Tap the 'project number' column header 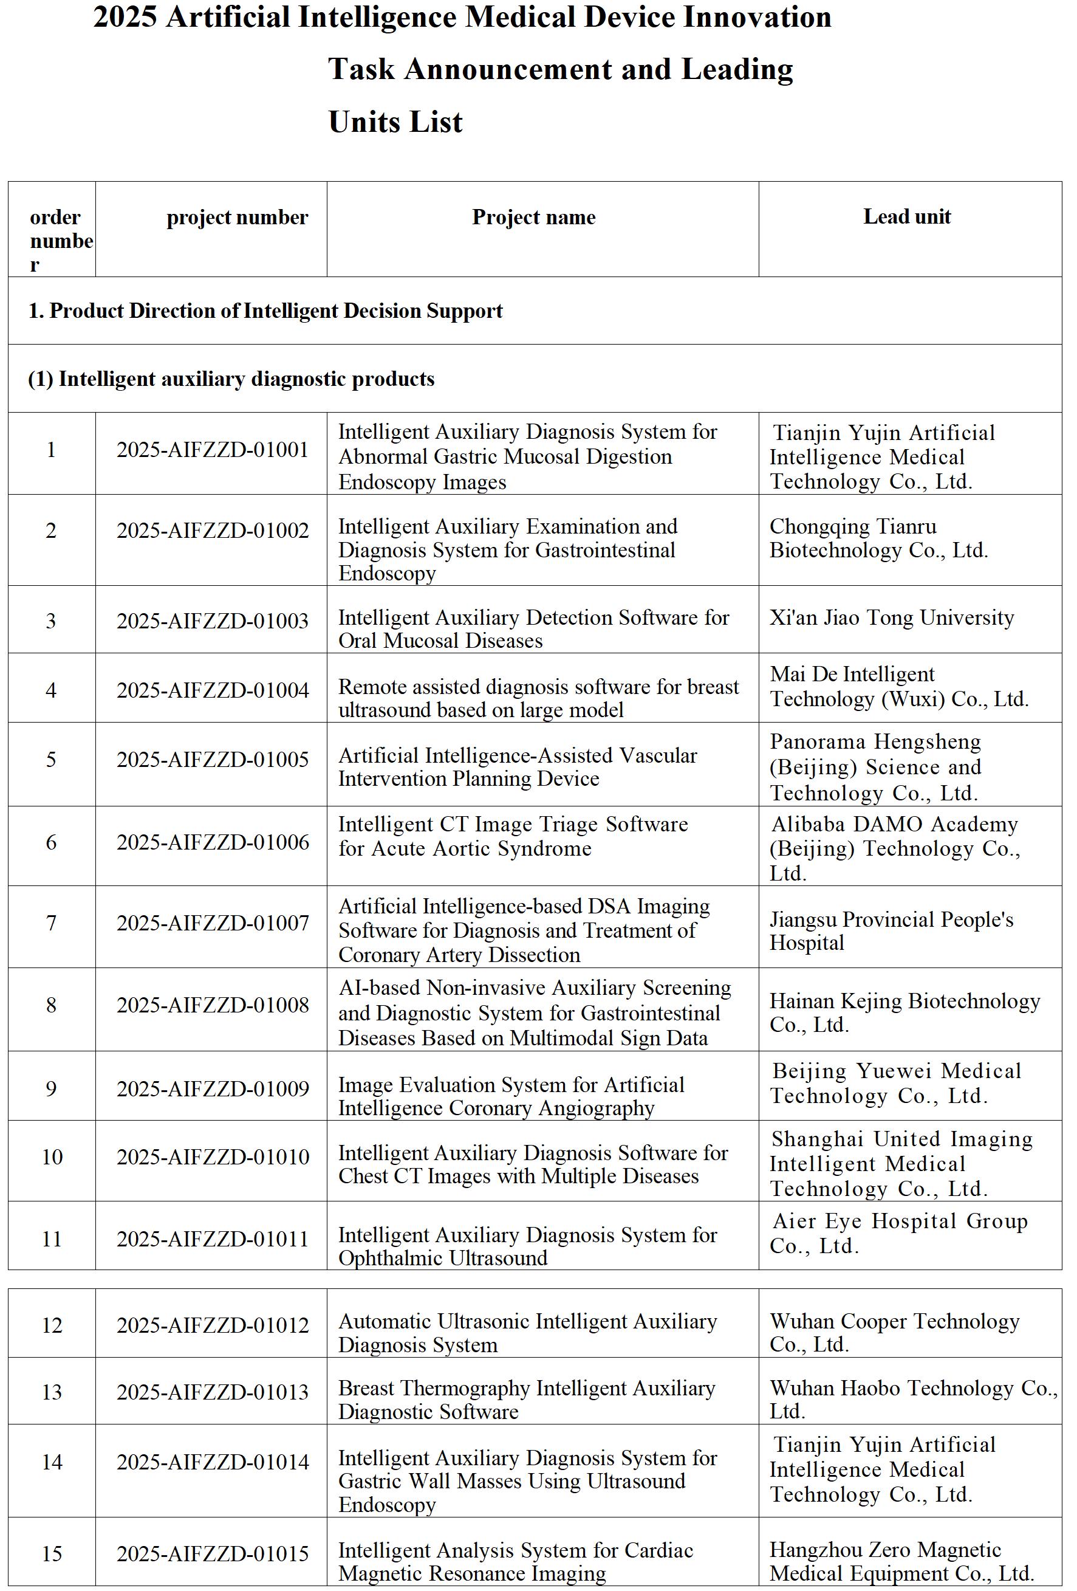coord(237,217)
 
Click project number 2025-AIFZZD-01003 coord(212,621)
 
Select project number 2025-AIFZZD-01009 coord(212,1088)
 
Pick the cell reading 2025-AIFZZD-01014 coord(212,1462)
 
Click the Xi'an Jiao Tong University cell coord(891,617)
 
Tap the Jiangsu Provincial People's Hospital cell coord(891,930)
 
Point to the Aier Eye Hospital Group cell coord(899,1233)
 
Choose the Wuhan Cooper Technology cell coord(894,1332)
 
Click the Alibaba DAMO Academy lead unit coord(894,848)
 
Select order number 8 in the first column coord(51,1005)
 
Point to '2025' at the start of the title coord(125,17)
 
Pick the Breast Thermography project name coord(526,1400)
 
